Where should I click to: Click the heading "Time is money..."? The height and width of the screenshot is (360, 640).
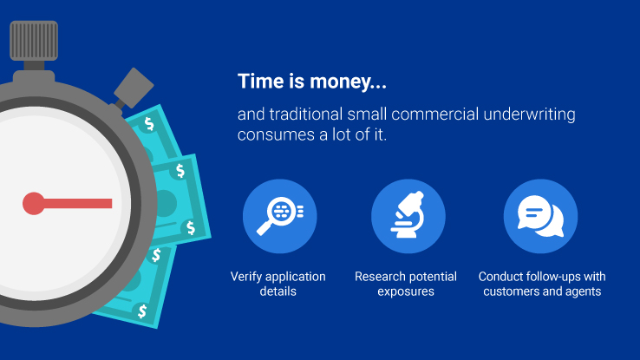pyautogui.click(x=312, y=82)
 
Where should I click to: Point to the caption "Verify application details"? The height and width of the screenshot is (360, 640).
pyautogui.click(x=278, y=284)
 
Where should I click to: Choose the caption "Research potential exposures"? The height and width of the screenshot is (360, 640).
pyautogui.click(x=406, y=284)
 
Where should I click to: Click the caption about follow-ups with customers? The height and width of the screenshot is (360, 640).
pyautogui.click(x=542, y=284)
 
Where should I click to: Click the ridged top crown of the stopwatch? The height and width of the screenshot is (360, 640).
pyautogui.click(x=34, y=38)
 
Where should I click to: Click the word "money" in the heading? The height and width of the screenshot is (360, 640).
pyautogui.click(x=336, y=82)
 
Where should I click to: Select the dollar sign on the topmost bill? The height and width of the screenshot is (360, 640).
pyautogui.click(x=150, y=124)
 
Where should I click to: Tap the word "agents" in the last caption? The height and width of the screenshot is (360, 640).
pyautogui.click(x=584, y=291)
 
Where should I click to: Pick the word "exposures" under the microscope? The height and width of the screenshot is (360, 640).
pyautogui.click(x=406, y=291)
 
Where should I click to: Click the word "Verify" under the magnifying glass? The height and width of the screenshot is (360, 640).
pyautogui.click(x=247, y=277)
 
